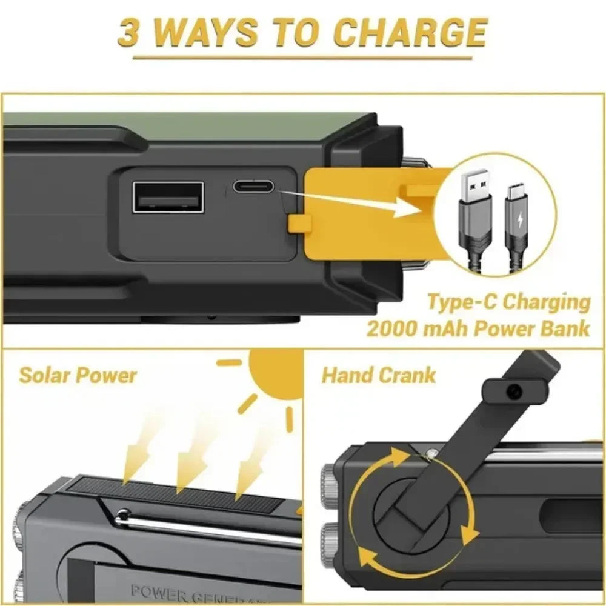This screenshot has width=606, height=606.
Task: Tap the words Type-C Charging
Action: coord(508,301)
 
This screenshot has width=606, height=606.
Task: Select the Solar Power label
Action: coord(78,375)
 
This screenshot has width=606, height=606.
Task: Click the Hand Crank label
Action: coord(378,375)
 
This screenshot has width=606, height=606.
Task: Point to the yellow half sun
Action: coord(276,373)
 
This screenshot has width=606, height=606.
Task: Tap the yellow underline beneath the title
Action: coord(302,58)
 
